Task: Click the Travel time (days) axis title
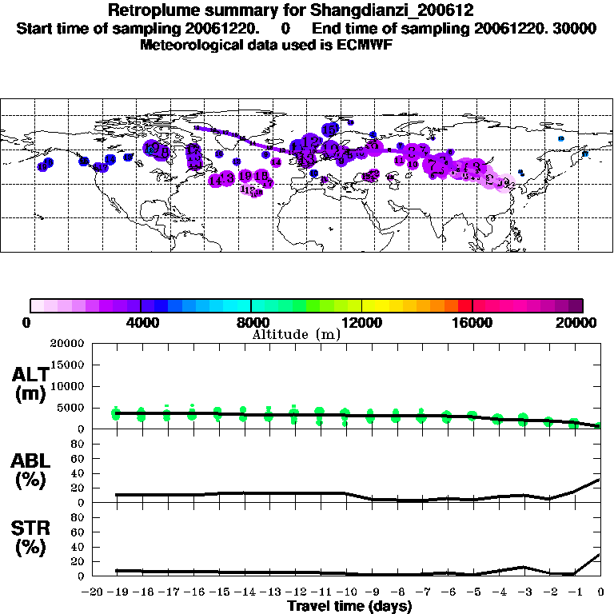click(x=349, y=606)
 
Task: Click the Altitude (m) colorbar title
click(x=296, y=333)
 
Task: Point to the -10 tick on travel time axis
click(x=346, y=592)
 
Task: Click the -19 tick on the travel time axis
click(x=117, y=592)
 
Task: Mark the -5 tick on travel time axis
click(x=473, y=592)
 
